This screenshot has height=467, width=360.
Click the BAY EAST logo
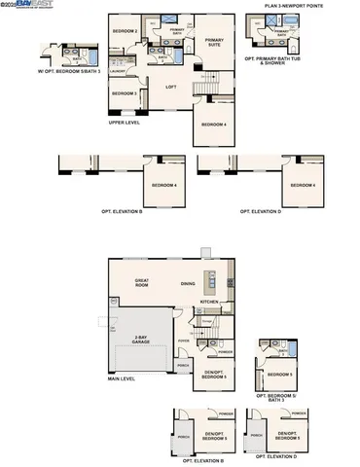(29, 5)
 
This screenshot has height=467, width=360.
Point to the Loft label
(170, 87)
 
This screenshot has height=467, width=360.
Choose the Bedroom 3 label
(124, 93)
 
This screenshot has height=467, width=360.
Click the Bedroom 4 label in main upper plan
(214, 125)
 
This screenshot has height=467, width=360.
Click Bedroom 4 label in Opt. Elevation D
(301, 185)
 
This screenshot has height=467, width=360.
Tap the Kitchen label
(209, 302)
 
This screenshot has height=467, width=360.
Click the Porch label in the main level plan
(183, 366)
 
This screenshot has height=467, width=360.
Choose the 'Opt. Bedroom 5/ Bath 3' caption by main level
(278, 397)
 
